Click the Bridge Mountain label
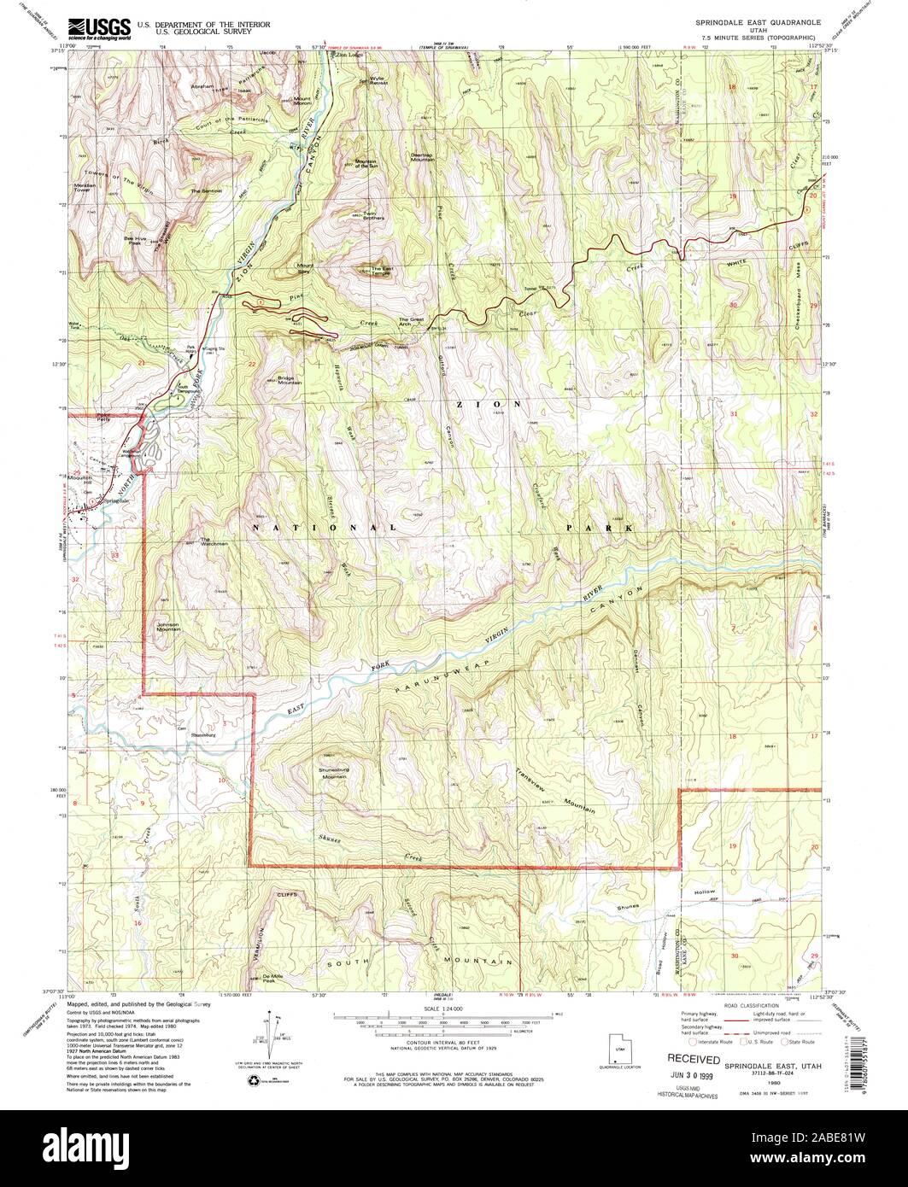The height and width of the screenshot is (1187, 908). [290, 383]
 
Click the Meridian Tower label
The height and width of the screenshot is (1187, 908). [87, 189]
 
